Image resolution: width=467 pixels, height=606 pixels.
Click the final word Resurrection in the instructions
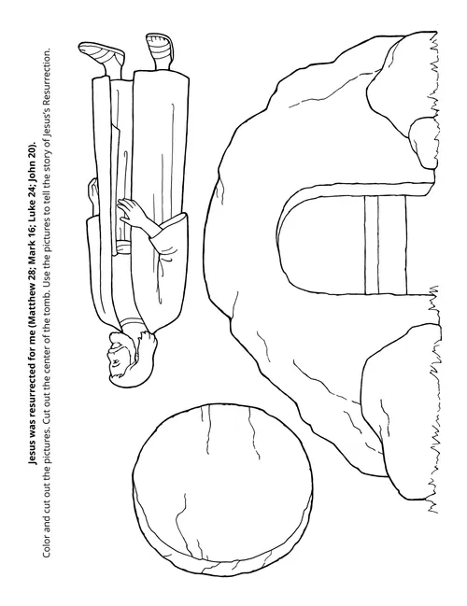(x=46, y=73)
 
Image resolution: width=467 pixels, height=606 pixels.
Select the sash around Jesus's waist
(x=124, y=247)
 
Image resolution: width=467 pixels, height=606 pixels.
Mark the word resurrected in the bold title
(x=34, y=402)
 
